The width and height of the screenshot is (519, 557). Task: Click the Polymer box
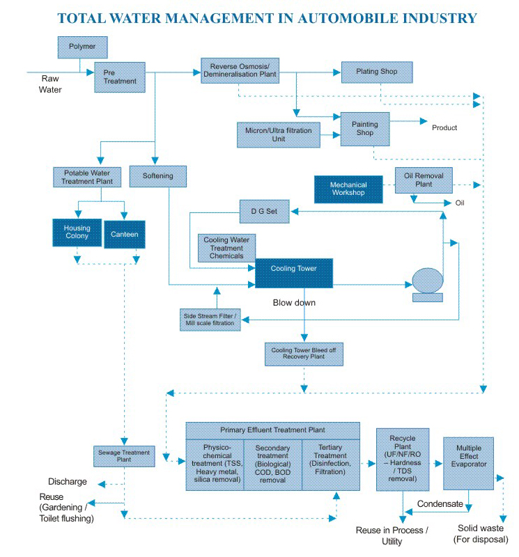82,47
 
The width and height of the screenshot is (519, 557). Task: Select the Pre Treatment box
120,77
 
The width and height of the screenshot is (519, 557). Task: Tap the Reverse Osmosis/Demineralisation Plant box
240,71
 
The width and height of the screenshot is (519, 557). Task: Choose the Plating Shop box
377,72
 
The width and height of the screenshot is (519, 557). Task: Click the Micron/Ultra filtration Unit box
279,134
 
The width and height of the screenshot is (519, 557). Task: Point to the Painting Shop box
365,129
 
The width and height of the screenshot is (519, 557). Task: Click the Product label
444,127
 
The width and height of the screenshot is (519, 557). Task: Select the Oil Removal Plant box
424,180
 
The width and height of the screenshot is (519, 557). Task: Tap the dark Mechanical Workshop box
348,189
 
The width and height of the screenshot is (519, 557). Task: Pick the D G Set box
265,212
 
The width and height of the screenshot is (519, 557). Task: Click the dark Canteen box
125,234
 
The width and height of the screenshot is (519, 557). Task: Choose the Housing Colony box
77,233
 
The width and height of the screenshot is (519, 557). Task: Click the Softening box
158,176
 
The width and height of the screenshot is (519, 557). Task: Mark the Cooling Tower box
294,273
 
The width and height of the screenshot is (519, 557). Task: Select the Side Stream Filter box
210,320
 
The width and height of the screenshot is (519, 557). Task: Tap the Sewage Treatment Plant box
124,456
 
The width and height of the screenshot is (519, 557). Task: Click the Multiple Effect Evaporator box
469,463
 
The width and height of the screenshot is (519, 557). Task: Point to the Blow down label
294,303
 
